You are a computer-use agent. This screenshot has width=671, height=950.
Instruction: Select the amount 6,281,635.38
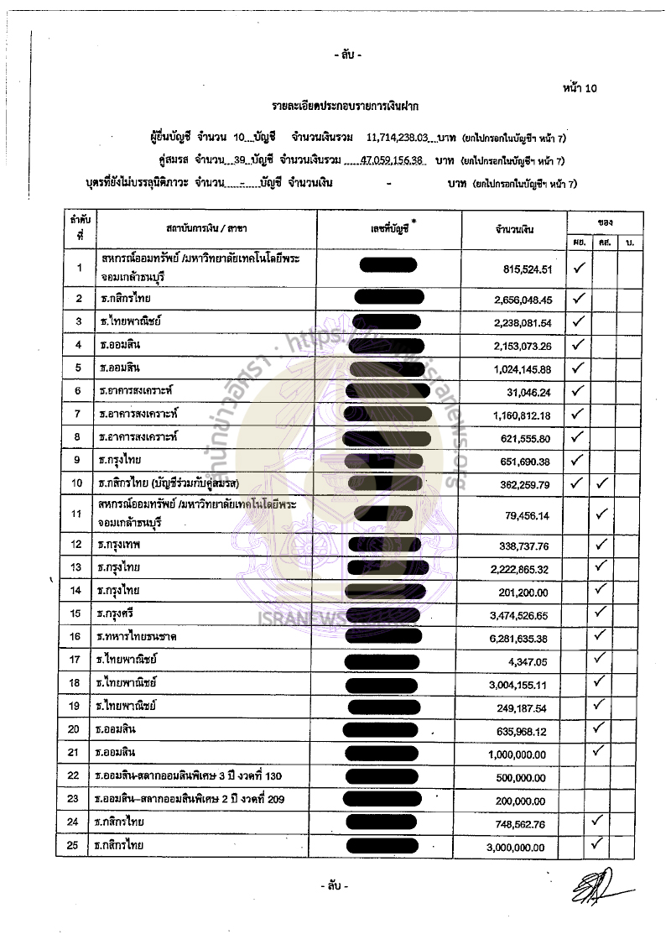(x=522, y=638)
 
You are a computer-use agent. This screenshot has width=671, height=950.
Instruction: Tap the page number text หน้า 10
(x=580, y=87)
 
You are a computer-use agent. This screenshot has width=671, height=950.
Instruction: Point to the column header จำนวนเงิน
(x=515, y=229)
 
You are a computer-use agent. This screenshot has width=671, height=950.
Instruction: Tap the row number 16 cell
(x=79, y=638)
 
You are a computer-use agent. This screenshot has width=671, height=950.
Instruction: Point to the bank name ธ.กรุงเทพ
(x=120, y=545)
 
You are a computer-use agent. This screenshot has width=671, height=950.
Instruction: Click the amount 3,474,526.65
(x=522, y=615)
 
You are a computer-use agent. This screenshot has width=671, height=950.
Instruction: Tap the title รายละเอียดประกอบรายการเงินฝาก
(x=345, y=107)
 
